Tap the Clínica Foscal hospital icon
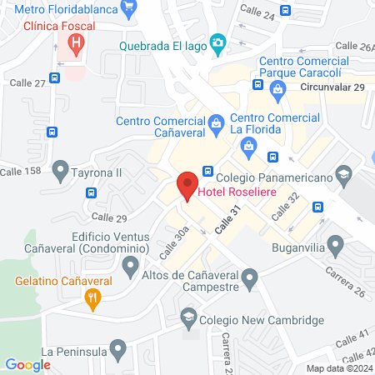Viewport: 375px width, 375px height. pyautogui.click(x=77, y=42)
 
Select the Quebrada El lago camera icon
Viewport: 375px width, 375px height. pyautogui.click(x=217, y=42)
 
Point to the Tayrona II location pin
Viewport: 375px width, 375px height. pyautogui.click(x=60, y=172)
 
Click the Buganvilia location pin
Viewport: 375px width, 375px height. pyautogui.click(x=336, y=247)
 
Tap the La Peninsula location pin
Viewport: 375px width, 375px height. pyautogui.click(x=118, y=347)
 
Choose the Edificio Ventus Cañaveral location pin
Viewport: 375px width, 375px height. pyautogui.click(x=129, y=267)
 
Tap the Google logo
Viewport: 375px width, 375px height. pyautogui.click(x=27, y=364)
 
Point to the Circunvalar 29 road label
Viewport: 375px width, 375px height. pyautogui.click(x=333, y=86)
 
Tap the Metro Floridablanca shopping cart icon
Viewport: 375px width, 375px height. pyautogui.click(x=127, y=10)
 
